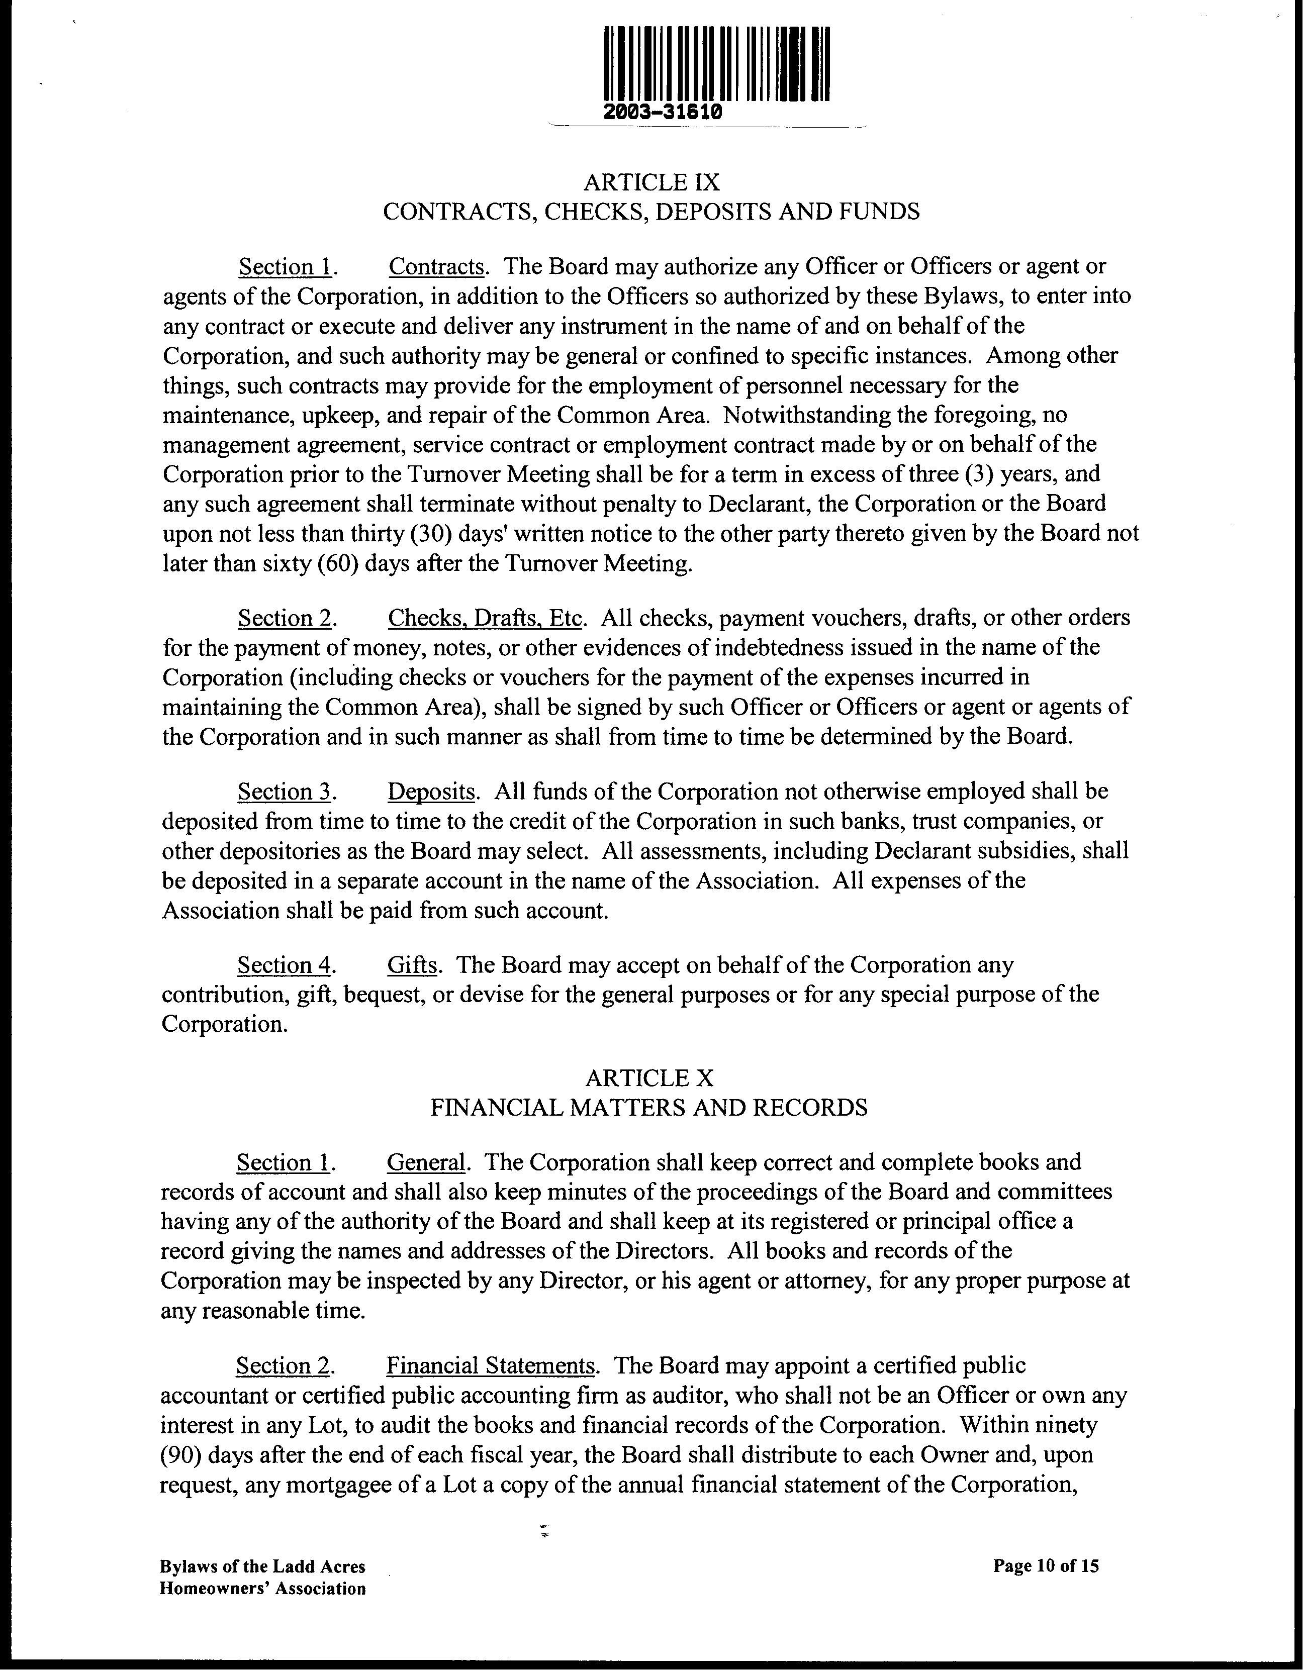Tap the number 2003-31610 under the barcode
pyautogui.click(x=662, y=112)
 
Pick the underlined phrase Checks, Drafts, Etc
pyautogui.click(x=486, y=618)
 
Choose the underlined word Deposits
pyautogui.click(x=431, y=792)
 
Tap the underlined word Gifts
pyautogui.click(x=412, y=965)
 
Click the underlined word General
pyautogui.click(x=425, y=1162)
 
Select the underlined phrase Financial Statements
pyautogui.click(x=490, y=1365)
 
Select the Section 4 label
pyautogui.click(x=284, y=965)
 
